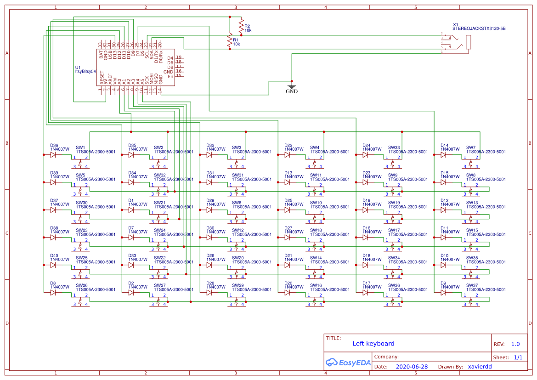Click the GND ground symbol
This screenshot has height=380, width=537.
pyautogui.click(x=291, y=86)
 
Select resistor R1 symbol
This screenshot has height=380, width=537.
pyautogui.click(x=230, y=41)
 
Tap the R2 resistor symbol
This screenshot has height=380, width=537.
pyautogui.click(x=241, y=26)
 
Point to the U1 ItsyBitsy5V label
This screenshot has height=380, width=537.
pyautogui.click(x=85, y=69)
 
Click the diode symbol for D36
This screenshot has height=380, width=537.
pyautogui.click(x=53, y=155)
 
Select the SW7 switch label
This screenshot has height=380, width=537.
pyautogui.click(x=471, y=147)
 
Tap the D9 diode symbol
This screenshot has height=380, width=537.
pyautogui.click(x=444, y=293)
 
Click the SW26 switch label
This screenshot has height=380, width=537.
pyautogui.click(x=81, y=285)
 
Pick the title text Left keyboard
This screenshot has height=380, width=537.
pyautogui.click(x=373, y=344)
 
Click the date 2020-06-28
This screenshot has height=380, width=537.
pyautogui.click(x=412, y=367)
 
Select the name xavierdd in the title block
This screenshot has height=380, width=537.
pyautogui.click(x=480, y=367)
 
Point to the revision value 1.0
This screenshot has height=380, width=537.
pyautogui.click(x=515, y=344)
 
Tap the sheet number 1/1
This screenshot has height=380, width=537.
pyautogui.click(x=518, y=357)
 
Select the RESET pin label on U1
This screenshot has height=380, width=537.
pyautogui.click(x=102, y=78)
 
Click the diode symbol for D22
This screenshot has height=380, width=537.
pyautogui.click(x=288, y=155)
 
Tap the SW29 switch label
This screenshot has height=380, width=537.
pyautogui.click(x=237, y=285)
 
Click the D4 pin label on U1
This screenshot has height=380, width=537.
pyautogui.click(x=170, y=58)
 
